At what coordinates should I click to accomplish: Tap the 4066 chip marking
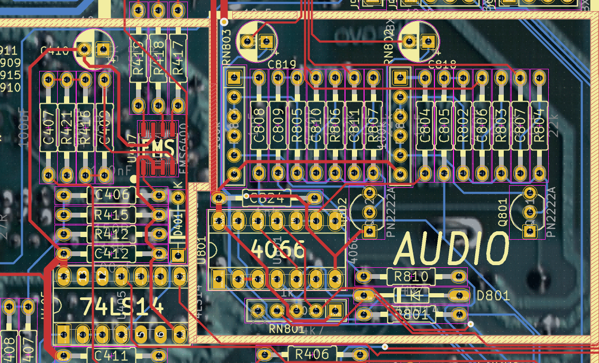point(278,248)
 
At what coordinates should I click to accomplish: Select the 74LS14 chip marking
point(122,305)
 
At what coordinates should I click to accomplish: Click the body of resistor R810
point(411,276)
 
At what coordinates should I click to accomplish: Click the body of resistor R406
point(312,353)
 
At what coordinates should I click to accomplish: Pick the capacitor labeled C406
point(111,195)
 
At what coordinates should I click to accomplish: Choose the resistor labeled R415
point(111,215)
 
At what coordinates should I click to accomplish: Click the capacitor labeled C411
point(111,355)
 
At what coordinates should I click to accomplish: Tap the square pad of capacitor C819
point(266,40)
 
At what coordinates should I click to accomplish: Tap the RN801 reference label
point(286,329)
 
